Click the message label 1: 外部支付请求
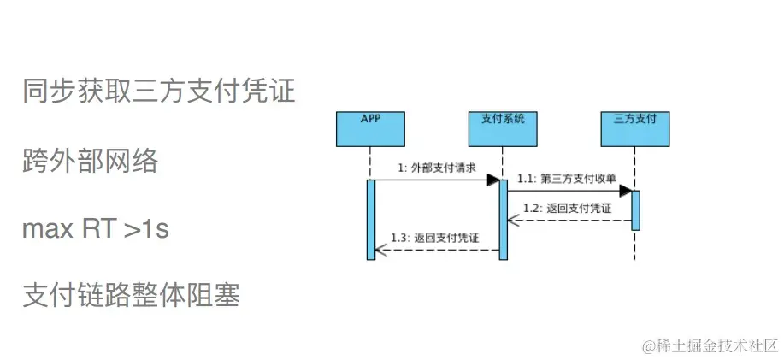pos(436,168)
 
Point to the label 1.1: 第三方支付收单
pos(565,178)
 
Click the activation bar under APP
pos(370,219)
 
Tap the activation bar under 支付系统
pos(503,219)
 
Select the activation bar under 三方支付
pos(635,210)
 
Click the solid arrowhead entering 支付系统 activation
pos(493,180)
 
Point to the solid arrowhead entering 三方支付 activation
pos(626,191)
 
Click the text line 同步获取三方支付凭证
pos(159,91)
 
